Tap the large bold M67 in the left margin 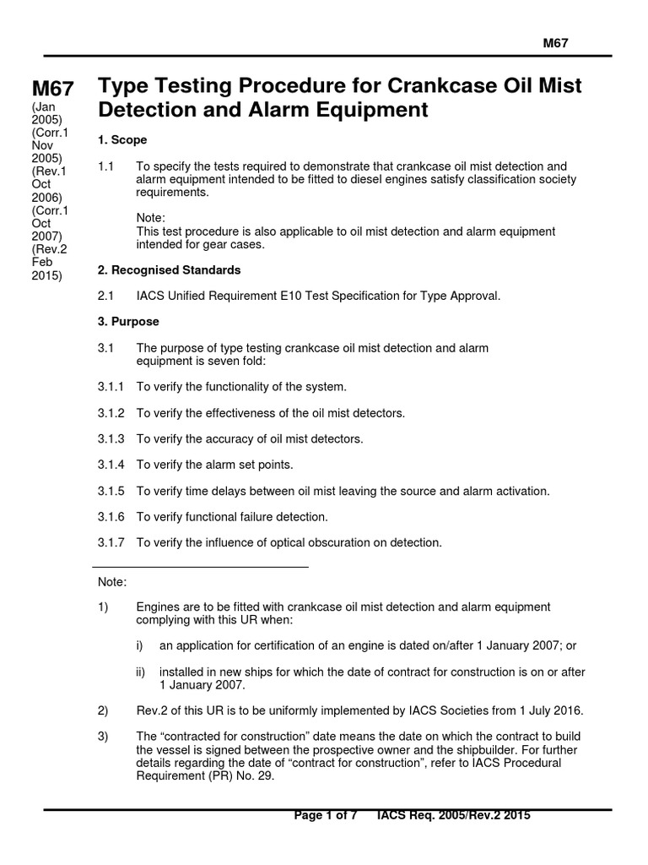coord(52,89)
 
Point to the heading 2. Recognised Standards coord(170,270)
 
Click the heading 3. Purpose coord(128,322)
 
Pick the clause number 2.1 coord(105,296)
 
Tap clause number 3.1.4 coord(111,465)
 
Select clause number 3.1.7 coord(111,542)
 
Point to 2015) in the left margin coord(47,275)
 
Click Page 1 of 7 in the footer coord(326,815)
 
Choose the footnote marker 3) coord(103,737)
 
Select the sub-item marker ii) coord(141,672)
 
